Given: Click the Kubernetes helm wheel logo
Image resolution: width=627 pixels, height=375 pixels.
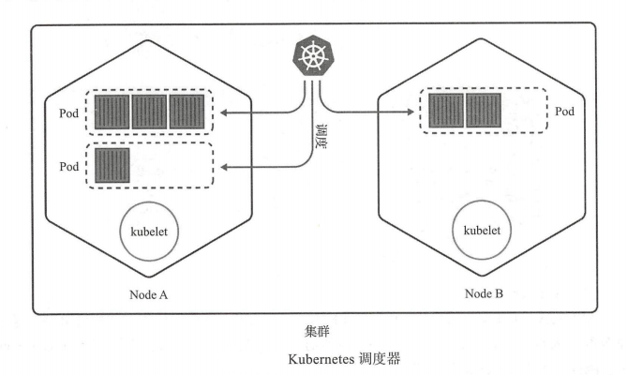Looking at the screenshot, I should click(x=313, y=56).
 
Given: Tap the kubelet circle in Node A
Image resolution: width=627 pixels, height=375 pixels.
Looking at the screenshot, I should click(x=149, y=231).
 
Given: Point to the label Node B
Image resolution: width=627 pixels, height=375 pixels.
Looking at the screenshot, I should click(x=485, y=294).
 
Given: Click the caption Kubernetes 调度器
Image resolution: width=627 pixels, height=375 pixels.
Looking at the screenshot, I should click(x=313, y=356).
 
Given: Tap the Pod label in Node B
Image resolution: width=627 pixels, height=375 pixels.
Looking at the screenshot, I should click(x=565, y=112).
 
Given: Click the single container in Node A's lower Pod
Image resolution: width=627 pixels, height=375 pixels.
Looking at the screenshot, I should click(x=112, y=165).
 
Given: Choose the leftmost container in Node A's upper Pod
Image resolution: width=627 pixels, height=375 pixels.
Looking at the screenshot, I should click(x=112, y=112).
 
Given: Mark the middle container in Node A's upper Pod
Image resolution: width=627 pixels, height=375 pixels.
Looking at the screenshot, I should click(x=150, y=112).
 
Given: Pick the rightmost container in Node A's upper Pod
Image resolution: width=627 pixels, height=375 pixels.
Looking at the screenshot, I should click(x=187, y=112).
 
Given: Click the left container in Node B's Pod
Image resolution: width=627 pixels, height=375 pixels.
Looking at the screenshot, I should click(x=446, y=111).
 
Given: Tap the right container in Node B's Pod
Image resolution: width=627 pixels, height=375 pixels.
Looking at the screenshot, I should click(x=484, y=111).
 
